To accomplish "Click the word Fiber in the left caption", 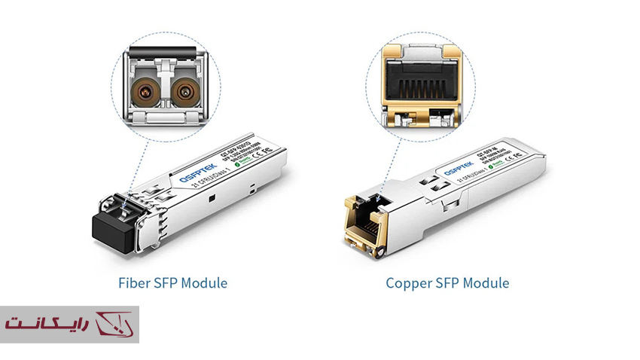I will click(133, 283).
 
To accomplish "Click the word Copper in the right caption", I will click(409, 283).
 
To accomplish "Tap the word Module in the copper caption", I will click(486, 283).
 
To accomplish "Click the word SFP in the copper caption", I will click(449, 283).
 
